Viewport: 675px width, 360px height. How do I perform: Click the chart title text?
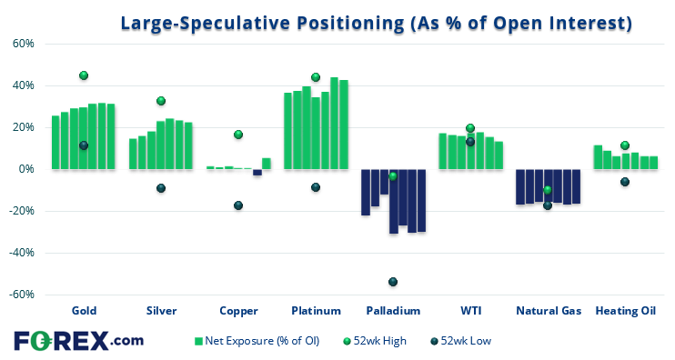376,22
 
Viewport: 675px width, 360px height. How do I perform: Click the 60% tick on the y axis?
23,44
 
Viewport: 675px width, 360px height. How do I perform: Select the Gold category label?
84,310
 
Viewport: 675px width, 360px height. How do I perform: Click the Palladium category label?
393,310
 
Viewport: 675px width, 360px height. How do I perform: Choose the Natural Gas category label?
548,310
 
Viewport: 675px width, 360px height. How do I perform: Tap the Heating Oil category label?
625,310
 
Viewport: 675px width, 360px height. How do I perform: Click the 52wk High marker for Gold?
84,75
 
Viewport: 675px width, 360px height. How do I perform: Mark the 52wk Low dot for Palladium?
393,282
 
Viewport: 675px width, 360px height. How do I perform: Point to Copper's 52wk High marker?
238,135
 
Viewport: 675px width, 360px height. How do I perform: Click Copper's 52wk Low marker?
238,205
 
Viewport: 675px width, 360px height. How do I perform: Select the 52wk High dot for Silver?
161,101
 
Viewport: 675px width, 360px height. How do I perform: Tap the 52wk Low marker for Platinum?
316,187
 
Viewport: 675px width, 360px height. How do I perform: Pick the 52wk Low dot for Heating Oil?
625,182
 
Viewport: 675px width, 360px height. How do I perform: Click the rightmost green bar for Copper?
267,164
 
